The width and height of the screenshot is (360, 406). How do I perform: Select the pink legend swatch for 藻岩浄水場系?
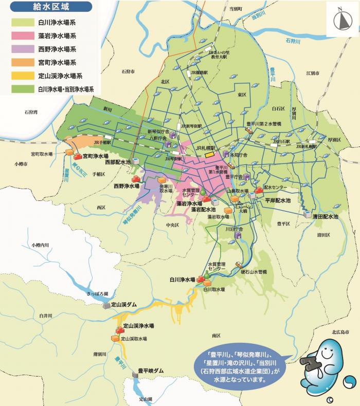(x=22, y=36)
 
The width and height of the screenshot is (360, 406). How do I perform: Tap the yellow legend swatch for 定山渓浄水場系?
(x=22, y=76)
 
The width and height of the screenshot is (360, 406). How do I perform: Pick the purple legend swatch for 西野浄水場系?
(x=22, y=49)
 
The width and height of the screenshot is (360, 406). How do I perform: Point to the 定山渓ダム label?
(x=124, y=305)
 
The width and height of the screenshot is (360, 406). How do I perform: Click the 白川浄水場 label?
(x=183, y=280)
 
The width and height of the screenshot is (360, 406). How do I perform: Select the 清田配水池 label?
(x=326, y=217)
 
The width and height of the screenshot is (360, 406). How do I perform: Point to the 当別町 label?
(x=235, y=9)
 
